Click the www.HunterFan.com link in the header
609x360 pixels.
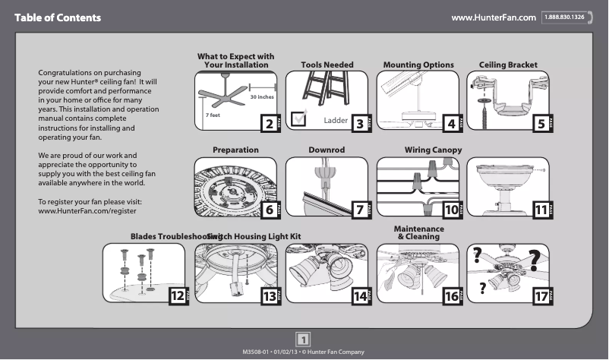click(x=494, y=17)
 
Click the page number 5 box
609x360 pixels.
click(x=540, y=124)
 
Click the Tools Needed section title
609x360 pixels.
click(x=327, y=65)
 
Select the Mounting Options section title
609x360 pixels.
click(x=418, y=65)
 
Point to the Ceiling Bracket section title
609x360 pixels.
click(x=508, y=65)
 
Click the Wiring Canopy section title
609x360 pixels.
click(x=433, y=150)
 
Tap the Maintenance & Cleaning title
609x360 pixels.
click(x=418, y=233)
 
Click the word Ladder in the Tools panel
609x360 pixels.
click(x=335, y=121)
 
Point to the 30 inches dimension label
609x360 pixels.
click(x=262, y=98)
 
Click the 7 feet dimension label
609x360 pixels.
click(x=213, y=115)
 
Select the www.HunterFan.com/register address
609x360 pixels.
click(x=87, y=210)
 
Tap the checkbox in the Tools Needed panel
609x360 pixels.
click(x=299, y=117)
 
